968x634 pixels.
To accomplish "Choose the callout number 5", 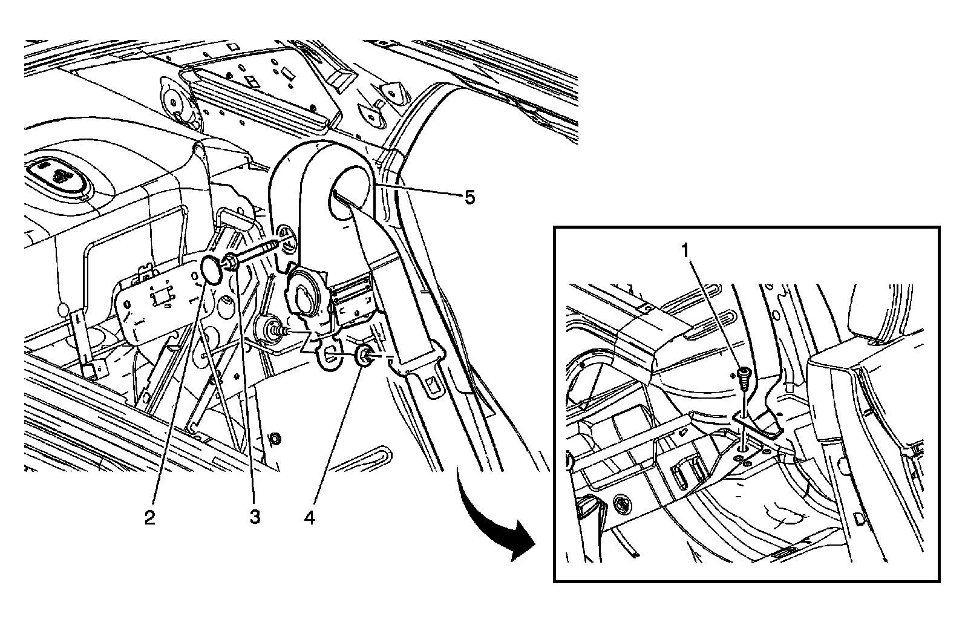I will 469,197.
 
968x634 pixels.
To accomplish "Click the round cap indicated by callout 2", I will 209,269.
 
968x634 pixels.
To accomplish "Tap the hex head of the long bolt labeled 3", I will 231,263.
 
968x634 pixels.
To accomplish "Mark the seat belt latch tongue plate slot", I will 431,382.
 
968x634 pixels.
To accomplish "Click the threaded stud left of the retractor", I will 280,330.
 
